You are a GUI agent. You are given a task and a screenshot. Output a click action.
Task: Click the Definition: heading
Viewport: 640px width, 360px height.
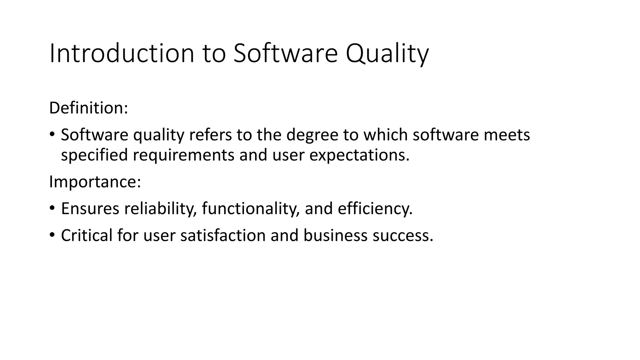pyautogui.click(x=88, y=108)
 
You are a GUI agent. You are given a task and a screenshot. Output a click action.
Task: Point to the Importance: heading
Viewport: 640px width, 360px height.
pyautogui.click(x=95, y=182)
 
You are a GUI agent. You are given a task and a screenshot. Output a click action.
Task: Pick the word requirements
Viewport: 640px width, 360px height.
pyautogui.click(x=183, y=155)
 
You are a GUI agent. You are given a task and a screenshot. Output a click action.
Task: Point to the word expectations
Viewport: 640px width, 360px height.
pyautogui.click(x=359, y=155)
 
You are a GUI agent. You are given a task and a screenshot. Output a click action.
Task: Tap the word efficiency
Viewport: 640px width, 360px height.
pyautogui.click(x=375, y=208)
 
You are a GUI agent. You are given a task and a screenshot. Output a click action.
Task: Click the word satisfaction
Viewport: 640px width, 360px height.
pyautogui.click(x=223, y=235)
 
